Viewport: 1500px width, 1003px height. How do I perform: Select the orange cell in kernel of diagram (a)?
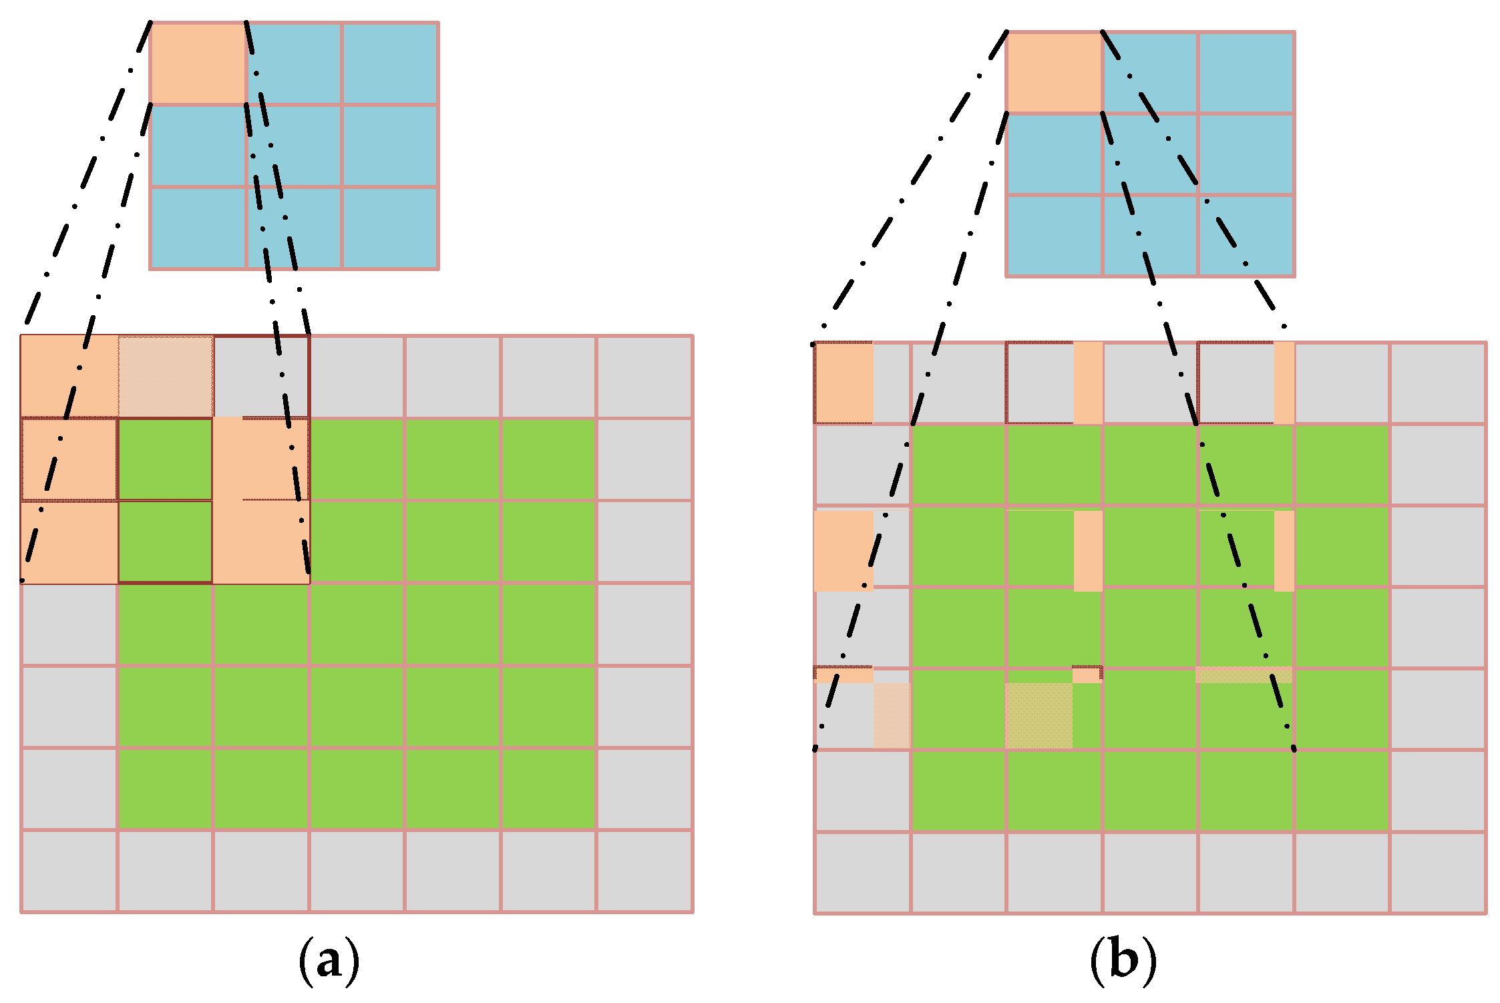point(198,63)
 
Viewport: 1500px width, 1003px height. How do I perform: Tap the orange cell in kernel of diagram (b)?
point(1054,72)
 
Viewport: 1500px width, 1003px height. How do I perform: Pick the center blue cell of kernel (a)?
point(294,146)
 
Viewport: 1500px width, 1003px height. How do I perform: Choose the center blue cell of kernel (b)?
point(1150,154)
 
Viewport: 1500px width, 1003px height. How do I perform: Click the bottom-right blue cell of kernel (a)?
point(390,228)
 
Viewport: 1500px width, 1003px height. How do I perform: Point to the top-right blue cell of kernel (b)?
point(1246,72)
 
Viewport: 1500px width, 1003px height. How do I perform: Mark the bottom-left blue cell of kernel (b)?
point(1054,236)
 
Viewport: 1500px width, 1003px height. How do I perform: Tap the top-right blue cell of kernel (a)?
point(390,63)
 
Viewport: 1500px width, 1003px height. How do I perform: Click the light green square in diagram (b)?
point(1039,715)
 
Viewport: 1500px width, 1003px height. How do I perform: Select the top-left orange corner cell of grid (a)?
point(69,377)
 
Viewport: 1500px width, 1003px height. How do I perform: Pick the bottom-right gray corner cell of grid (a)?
point(644,871)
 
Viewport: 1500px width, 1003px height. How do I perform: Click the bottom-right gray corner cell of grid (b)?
point(1438,873)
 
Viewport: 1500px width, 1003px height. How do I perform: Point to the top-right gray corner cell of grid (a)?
point(644,377)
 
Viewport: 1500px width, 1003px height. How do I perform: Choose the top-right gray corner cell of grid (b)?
point(1438,383)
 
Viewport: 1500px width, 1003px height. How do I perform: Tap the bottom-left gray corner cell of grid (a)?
point(69,871)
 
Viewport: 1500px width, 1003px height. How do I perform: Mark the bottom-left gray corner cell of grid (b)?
point(862,873)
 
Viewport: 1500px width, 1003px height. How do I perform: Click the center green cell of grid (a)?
point(357,624)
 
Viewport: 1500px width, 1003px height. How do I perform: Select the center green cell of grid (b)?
point(1150,628)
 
